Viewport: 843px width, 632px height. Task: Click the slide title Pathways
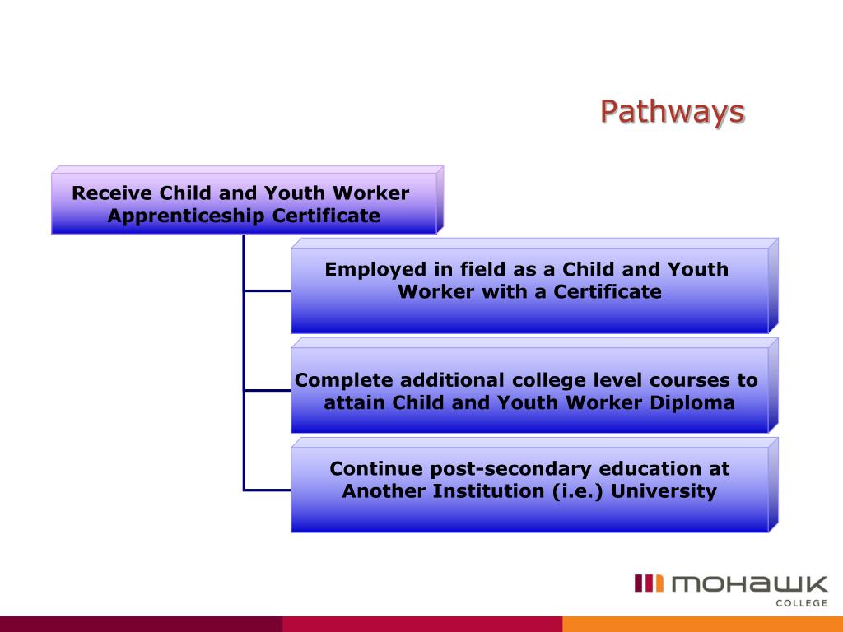click(x=672, y=111)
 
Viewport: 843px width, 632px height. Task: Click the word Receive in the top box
click(x=112, y=193)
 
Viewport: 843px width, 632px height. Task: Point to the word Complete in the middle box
click(x=342, y=380)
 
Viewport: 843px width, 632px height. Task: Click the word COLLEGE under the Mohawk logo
click(x=802, y=603)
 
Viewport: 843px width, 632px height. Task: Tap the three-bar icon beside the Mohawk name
click(x=649, y=583)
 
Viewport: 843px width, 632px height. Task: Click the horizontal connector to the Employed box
click(x=268, y=290)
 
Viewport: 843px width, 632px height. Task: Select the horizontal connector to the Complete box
click(x=268, y=390)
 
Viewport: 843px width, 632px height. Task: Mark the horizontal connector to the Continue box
click(x=268, y=490)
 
